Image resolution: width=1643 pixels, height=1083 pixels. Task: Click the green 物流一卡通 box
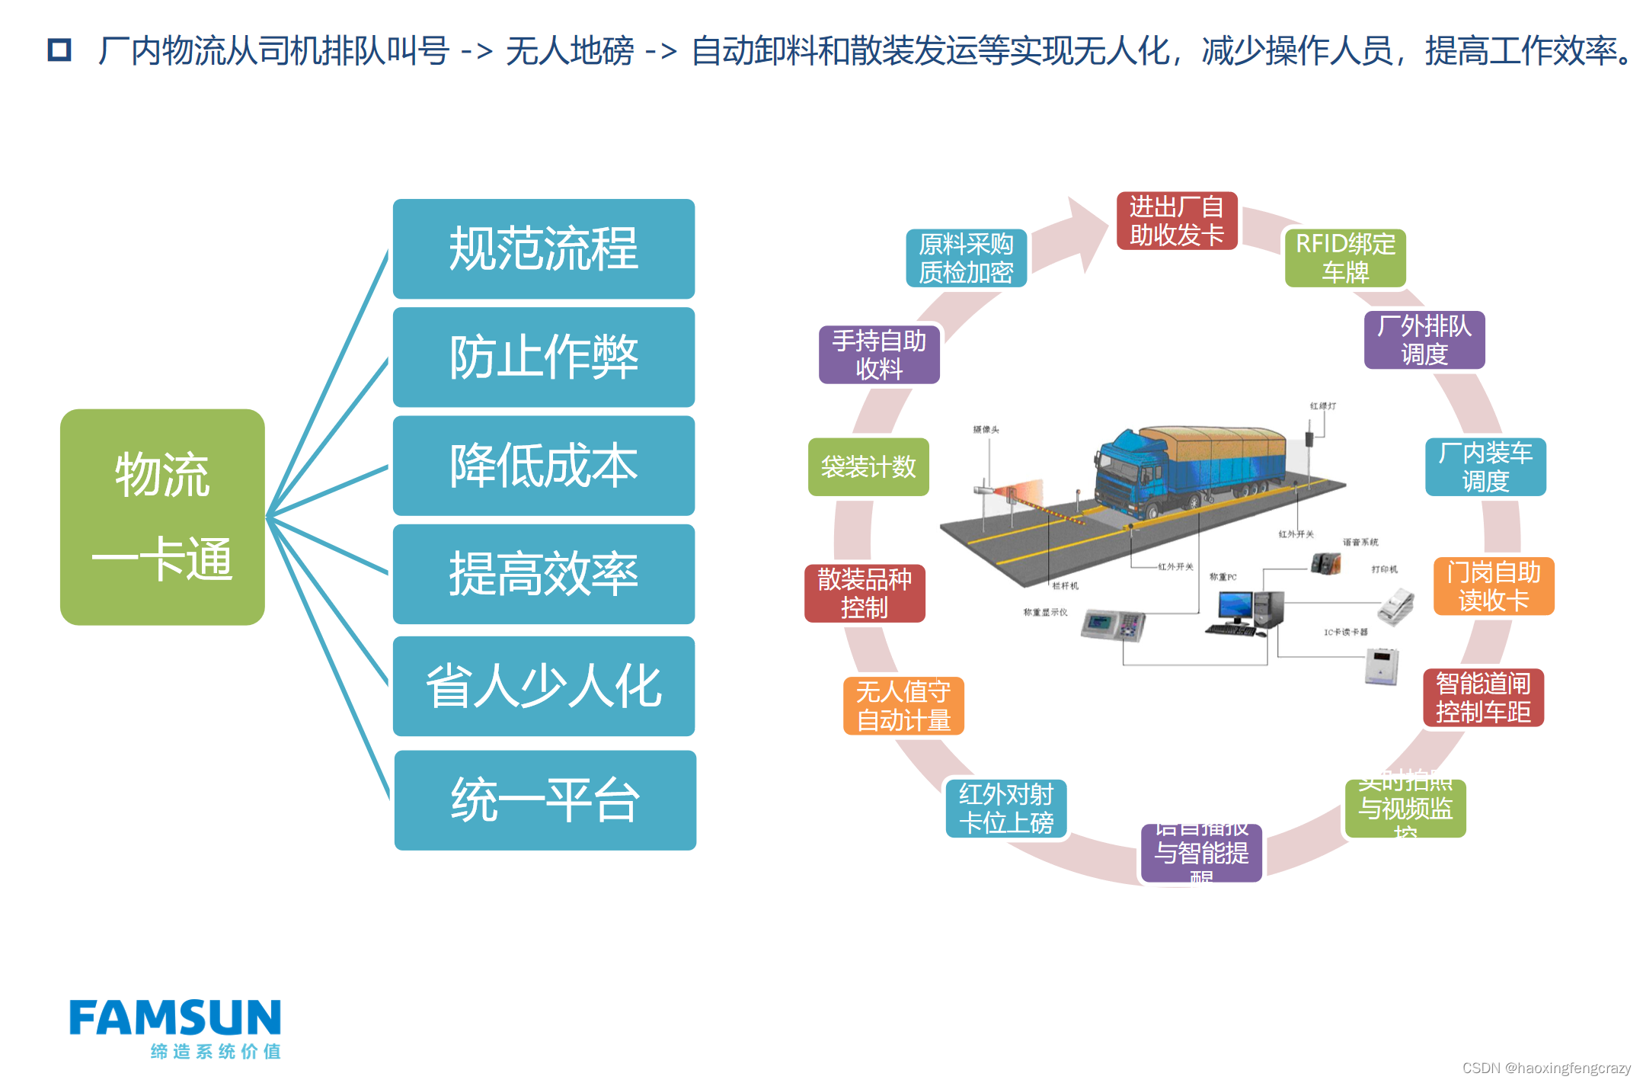point(162,517)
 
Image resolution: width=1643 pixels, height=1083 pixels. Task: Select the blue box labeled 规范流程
point(543,248)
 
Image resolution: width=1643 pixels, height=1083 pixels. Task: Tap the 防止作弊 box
point(543,357)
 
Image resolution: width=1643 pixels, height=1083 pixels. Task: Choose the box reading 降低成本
point(543,465)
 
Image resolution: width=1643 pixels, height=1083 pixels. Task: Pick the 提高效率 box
point(543,574)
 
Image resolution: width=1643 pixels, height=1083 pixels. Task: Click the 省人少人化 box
point(543,686)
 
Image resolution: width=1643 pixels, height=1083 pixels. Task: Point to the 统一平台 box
point(545,800)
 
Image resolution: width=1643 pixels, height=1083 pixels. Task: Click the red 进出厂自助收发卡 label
point(1176,221)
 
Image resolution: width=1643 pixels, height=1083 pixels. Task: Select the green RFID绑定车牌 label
point(1344,258)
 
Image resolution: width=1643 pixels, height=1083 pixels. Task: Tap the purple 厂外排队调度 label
point(1424,340)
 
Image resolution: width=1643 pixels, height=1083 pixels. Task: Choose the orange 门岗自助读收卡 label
point(1493,586)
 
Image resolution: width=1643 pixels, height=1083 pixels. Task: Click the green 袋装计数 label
point(868,467)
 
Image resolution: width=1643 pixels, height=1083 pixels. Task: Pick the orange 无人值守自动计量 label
point(903,706)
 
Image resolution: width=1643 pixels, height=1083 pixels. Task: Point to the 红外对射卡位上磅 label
point(1005,809)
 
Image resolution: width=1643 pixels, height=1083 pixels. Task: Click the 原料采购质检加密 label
point(966,258)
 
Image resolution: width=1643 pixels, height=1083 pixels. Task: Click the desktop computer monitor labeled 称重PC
point(1234,607)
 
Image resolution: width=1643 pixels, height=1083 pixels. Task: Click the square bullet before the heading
point(59,50)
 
